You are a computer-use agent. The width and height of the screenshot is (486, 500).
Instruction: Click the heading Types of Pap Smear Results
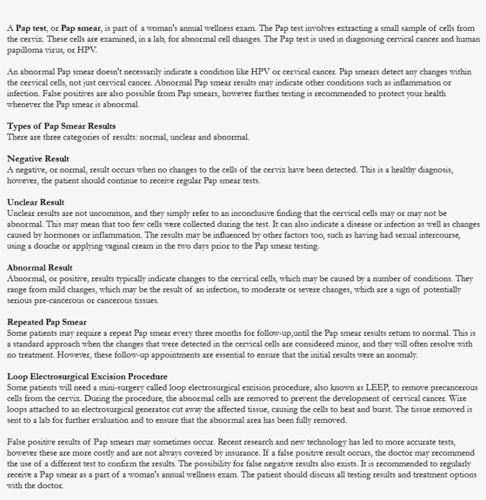point(61,126)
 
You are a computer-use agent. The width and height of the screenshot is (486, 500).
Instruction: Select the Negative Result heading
point(38,159)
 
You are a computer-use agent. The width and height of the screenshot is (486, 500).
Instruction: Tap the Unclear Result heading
point(36,202)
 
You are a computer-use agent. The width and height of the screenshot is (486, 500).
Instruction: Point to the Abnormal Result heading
point(40,268)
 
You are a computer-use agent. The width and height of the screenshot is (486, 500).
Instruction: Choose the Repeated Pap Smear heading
point(47,322)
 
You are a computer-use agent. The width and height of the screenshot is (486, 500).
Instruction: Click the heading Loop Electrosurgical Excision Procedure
point(87,377)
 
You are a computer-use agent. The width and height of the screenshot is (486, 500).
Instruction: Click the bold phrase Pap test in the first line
point(30,28)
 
